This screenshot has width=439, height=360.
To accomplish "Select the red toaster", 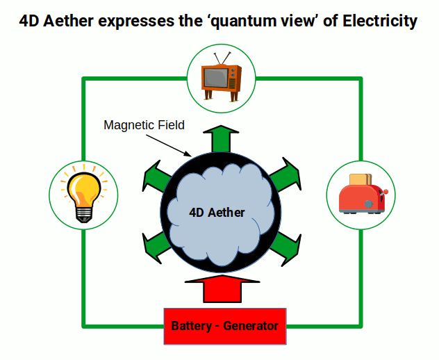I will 361,195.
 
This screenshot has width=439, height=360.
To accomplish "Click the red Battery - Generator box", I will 224,326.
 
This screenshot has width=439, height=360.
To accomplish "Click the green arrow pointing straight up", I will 221,137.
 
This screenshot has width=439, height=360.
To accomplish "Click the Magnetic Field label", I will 144,126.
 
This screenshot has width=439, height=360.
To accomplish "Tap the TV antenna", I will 222,57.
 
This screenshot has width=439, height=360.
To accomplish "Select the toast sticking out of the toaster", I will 358,179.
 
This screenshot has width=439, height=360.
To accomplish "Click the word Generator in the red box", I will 251,326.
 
